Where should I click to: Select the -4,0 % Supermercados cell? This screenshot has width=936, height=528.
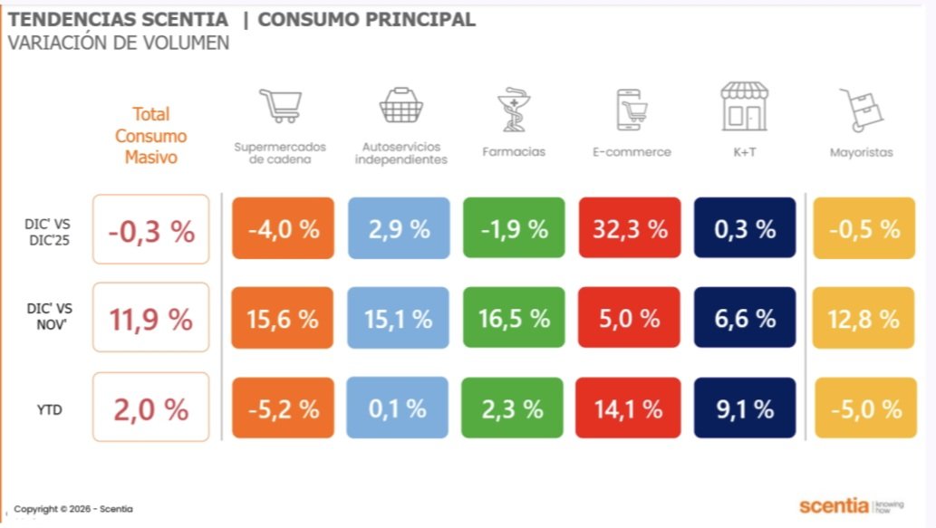click(283, 229)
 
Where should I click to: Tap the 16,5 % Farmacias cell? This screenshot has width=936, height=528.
click(514, 319)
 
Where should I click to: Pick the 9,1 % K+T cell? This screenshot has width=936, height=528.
click(744, 408)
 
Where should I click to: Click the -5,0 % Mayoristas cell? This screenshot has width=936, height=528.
click(865, 408)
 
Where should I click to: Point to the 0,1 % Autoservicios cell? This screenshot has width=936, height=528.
click(399, 408)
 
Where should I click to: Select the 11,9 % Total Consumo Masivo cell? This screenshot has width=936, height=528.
click(150, 319)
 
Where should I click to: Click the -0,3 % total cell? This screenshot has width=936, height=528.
click(150, 230)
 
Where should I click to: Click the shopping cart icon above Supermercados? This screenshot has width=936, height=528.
click(279, 105)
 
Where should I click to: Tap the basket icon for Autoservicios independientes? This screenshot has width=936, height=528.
click(400, 105)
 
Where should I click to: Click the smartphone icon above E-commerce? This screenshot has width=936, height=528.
click(632, 109)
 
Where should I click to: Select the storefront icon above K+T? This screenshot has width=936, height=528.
click(744, 106)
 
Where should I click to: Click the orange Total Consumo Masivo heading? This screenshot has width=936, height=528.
click(151, 135)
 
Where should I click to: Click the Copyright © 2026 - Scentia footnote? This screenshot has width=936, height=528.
click(72, 509)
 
